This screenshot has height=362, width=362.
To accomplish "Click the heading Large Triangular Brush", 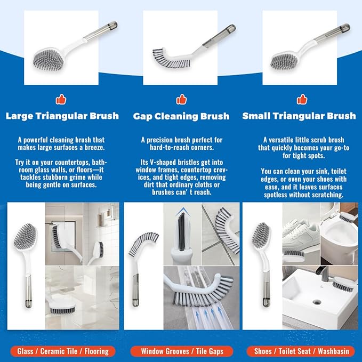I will click(62, 116).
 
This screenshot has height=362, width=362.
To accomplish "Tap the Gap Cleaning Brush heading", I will click(181, 116).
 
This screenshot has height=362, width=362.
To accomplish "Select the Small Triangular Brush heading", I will click(299, 116).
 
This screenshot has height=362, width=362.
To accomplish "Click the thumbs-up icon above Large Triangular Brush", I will click(61, 99).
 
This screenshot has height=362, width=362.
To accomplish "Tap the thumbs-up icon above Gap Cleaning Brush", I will click(181, 99).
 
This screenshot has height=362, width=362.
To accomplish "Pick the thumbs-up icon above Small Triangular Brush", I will click(302, 99).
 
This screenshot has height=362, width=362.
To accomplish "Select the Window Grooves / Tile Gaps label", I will click(181, 351).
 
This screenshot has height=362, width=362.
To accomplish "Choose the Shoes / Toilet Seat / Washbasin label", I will click(300, 351).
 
